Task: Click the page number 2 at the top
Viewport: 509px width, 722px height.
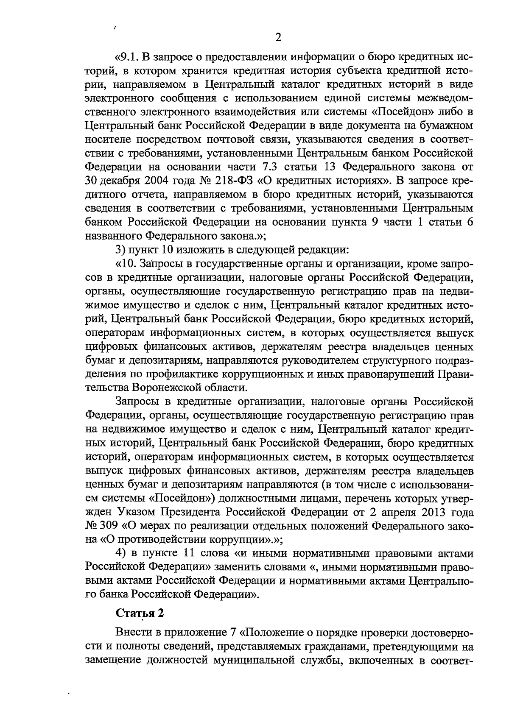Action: click(278, 37)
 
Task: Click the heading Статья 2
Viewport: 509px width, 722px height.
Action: click(140, 613)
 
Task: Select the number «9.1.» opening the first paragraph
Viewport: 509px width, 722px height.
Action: click(129, 57)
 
